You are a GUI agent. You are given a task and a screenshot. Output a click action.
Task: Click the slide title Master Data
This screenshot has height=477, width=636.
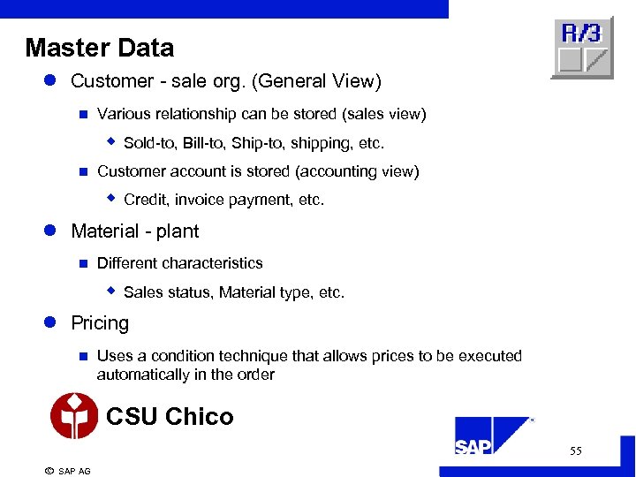pos(99,48)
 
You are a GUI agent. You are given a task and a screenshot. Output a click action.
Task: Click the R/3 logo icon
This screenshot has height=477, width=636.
pos(581,48)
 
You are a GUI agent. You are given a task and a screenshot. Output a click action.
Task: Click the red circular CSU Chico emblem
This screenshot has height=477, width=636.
pos(74,416)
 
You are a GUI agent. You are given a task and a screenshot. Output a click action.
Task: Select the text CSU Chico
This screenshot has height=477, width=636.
pos(170,416)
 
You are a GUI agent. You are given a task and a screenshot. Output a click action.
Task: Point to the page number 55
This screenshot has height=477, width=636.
pos(576,451)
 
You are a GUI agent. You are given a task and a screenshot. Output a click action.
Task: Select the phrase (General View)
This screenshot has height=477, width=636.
pos(317,81)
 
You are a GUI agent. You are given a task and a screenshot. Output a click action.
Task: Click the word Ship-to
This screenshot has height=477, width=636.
pos(256,143)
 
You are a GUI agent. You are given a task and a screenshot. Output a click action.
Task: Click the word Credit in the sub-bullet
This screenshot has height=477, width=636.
pos(145,201)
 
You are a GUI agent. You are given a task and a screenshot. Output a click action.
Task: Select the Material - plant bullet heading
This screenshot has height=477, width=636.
pos(134,231)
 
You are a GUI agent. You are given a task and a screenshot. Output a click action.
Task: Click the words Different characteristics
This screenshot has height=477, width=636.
pos(179,263)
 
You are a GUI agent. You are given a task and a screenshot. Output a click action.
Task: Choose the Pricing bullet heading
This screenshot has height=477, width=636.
pos(99,323)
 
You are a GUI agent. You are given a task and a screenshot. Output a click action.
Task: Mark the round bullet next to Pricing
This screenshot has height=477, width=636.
pos(51,323)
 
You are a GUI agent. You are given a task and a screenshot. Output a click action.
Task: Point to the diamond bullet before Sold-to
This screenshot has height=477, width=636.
pos(112,141)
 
